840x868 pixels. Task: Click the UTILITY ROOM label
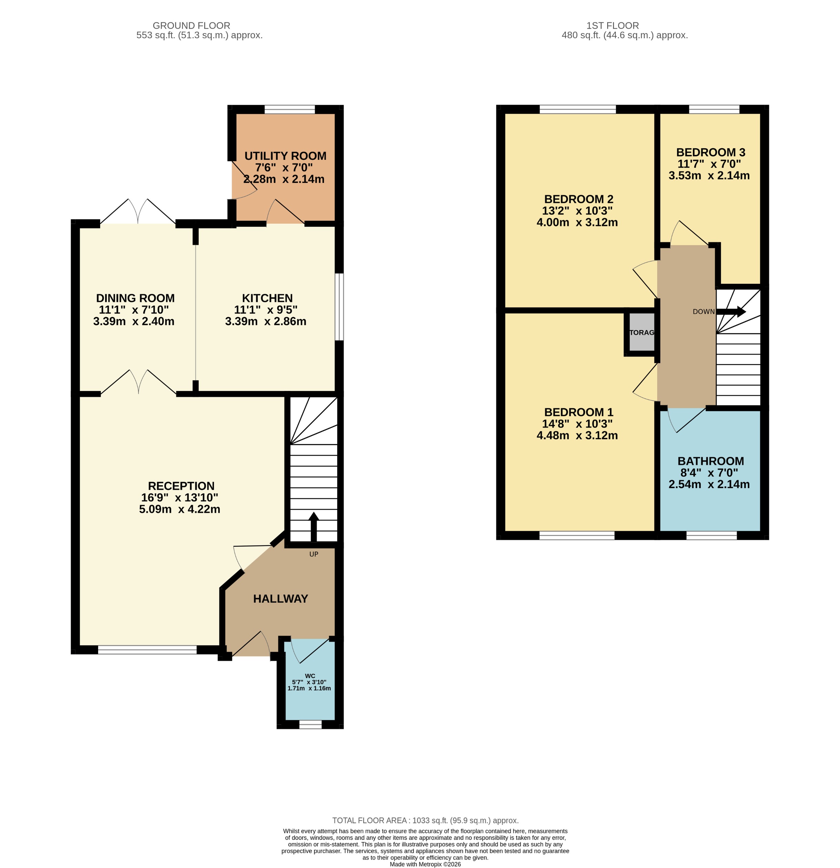(x=285, y=156)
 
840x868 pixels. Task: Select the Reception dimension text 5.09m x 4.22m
(x=179, y=509)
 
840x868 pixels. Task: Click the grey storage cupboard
(x=642, y=332)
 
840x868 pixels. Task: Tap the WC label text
(x=310, y=675)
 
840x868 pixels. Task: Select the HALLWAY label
(x=280, y=599)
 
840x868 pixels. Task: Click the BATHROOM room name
(x=710, y=461)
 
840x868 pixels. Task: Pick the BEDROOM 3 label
(x=710, y=152)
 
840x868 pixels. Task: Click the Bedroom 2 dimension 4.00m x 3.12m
(x=577, y=222)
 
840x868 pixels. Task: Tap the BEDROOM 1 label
(x=578, y=412)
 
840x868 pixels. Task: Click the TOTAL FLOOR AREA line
(x=425, y=820)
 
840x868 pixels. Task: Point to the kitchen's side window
(x=339, y=307)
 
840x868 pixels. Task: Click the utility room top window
(x=290, y=109)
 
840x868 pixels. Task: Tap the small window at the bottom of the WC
(x=310, y=724)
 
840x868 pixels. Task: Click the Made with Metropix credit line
(x=425, y=864)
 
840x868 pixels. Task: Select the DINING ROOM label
(x=135, y=298)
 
